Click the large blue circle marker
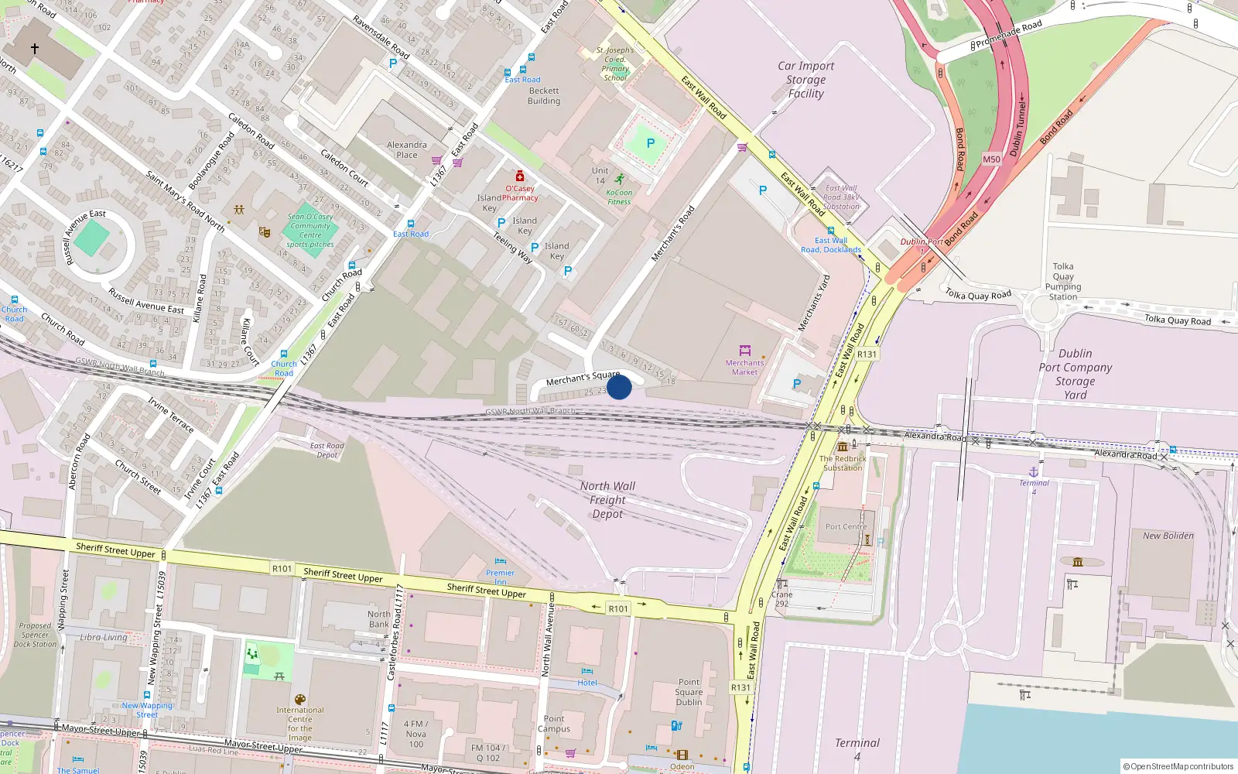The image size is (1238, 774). (619, 387)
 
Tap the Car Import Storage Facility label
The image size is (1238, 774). (805, 80)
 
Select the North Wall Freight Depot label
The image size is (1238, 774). (607, 500)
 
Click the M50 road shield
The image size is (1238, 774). (991, 159)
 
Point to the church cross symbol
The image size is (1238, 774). (35, 48)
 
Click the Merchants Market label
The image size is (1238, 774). (744, 367)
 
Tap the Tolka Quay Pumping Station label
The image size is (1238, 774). (1063, 282)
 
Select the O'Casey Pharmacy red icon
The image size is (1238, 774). (520, 176)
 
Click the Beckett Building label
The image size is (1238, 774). (544, 96)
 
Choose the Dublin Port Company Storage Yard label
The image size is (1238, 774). (1075, 374)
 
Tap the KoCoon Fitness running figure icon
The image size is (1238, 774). (619, 179)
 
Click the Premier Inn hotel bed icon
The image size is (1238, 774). (501, 562)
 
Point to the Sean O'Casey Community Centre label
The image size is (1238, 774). (310, 231)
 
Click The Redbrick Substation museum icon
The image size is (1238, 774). (843, 447)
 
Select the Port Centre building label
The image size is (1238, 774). (846, 526)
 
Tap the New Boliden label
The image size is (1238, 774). (1168, 536)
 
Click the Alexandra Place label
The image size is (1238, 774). (406, 149)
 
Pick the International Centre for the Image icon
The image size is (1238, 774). (300, 699)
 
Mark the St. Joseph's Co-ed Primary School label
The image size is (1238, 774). (615, 63)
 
